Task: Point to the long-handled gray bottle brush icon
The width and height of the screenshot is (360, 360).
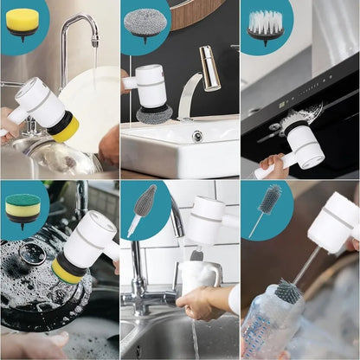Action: [267, 208]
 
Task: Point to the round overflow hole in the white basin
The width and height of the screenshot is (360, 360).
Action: [197, 136]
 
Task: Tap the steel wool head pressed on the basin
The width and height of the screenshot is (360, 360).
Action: [153, 114]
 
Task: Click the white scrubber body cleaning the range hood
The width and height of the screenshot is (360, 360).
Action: [305, 143]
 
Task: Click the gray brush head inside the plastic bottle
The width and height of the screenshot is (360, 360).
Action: [288, 293]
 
